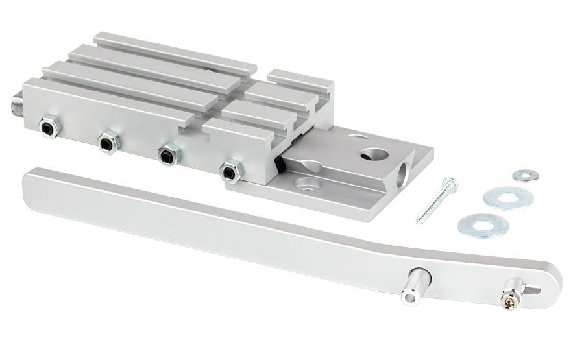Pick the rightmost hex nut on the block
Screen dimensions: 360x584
[x=228, y=171]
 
